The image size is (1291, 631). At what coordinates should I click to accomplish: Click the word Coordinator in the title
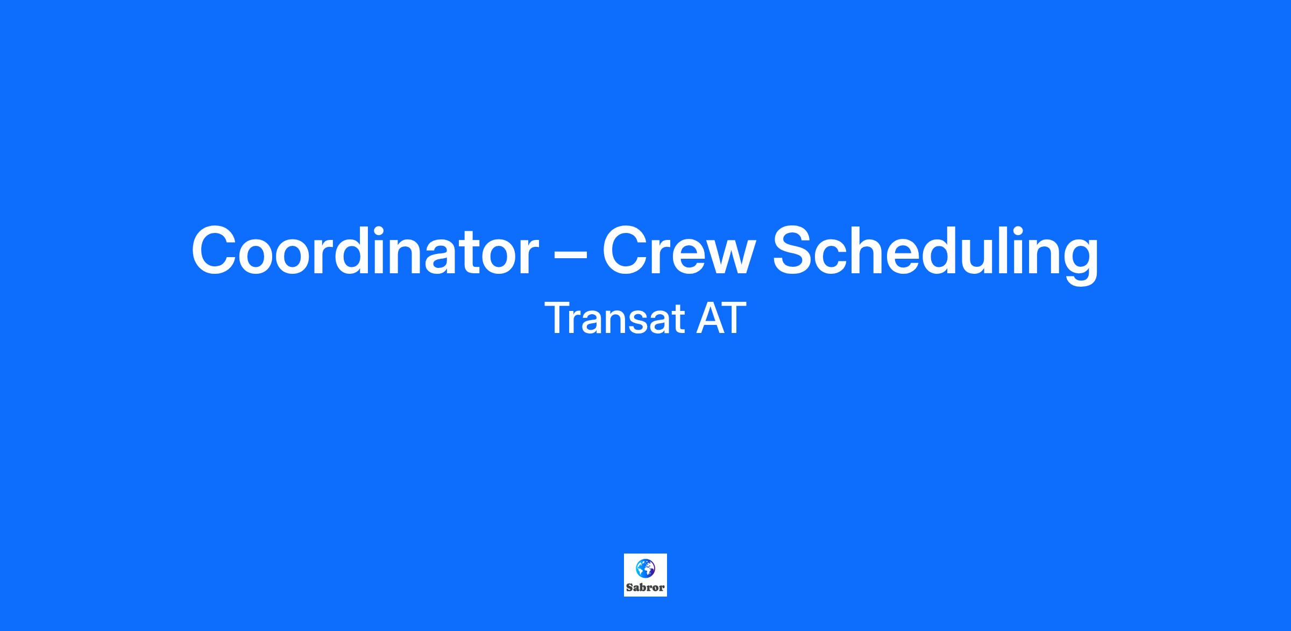[x=365, y=251]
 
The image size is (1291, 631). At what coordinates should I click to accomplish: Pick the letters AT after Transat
[x=721, y=318]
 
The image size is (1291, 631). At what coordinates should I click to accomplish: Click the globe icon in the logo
[x=645, y=568]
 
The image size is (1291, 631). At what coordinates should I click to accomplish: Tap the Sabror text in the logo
[x=645, y=587]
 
